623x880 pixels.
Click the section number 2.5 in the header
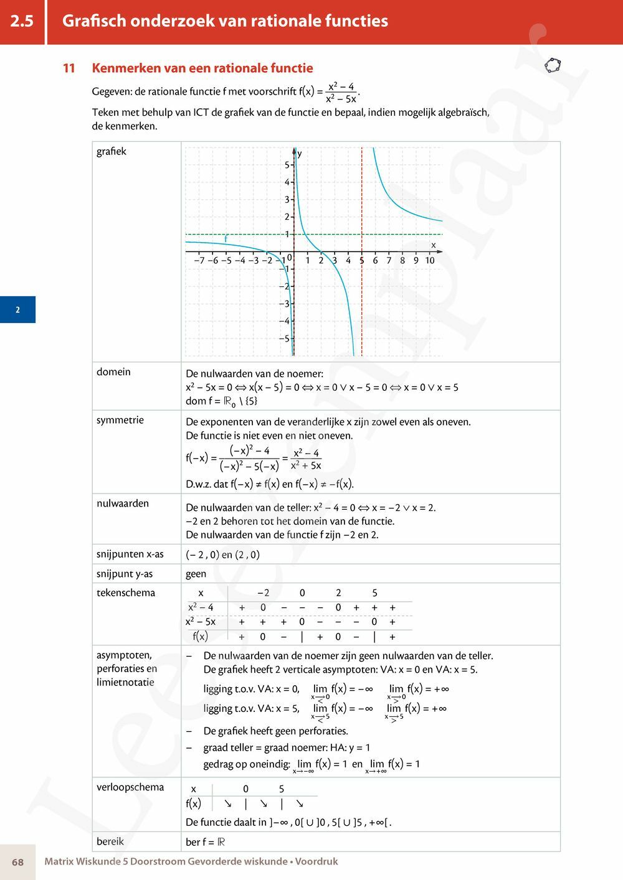(22, 21)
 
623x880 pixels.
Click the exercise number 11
(69, 68)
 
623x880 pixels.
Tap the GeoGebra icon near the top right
(553, 65)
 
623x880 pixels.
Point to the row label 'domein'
(113, 372)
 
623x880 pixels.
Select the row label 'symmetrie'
(120, 420)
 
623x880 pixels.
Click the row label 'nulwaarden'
(123, 503)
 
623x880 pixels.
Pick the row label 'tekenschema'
(126, 593)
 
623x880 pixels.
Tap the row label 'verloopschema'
(130, 787)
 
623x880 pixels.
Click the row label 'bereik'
(110, 841)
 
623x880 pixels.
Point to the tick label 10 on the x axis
(430, 261)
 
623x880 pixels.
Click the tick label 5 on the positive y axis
(287, 165)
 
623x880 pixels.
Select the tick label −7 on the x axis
(199, 261)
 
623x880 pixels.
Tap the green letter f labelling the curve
(226, 239)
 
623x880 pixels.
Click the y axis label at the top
(300, 154)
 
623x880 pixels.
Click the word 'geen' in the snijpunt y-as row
(196, 574)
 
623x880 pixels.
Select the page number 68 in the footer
(17, 862)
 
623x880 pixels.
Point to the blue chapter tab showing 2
(17, 310)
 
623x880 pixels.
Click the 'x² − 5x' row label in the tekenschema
(201, 622)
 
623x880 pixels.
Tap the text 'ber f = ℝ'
(206, 842)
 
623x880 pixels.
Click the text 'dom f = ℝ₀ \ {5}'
(222, 401)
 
